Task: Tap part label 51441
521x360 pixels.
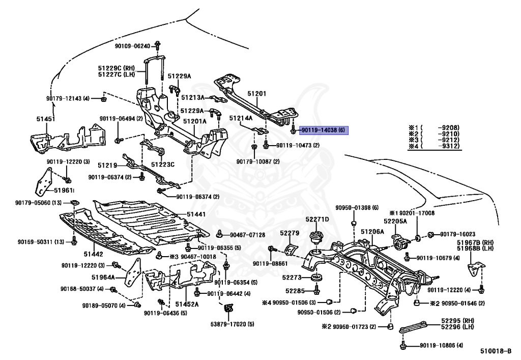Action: point(196,214)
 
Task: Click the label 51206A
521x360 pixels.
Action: point(372,232)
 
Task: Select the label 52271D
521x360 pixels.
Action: point(317,219)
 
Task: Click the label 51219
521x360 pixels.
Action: point(107,165)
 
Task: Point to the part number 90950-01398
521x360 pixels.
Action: point(357,208)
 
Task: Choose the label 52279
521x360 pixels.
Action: point(288,233)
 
